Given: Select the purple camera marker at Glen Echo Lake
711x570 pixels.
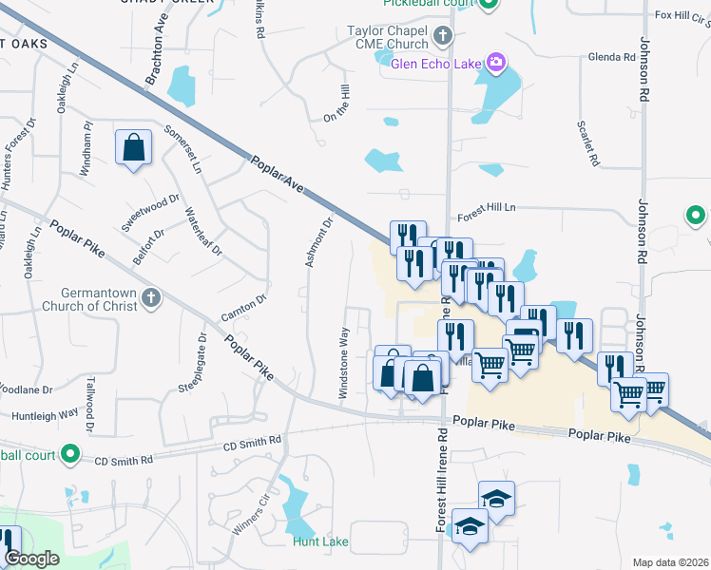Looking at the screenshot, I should click(494, 64).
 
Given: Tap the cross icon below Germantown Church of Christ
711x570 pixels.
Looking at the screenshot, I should click(149, 299).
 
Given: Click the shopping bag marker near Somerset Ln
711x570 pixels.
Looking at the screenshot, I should click(134, 148).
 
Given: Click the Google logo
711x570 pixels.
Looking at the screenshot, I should click(32, 559).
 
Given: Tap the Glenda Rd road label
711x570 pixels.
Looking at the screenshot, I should click(611, 57).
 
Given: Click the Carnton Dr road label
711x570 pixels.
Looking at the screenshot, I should click(241, 307).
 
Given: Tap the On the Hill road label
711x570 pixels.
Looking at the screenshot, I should click(343, 102).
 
